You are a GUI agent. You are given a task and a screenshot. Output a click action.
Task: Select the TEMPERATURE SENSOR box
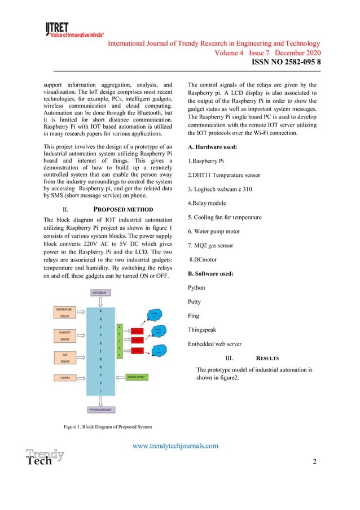coord(67,313)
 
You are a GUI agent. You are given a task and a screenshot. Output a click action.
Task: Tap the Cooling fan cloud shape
coord(153,315)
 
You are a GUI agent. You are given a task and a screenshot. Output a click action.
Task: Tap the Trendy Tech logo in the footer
coord(44,457)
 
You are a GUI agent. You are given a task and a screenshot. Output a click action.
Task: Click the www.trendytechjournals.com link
coord(175,446)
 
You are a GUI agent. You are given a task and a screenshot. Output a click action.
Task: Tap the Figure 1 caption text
coord(107,425)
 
